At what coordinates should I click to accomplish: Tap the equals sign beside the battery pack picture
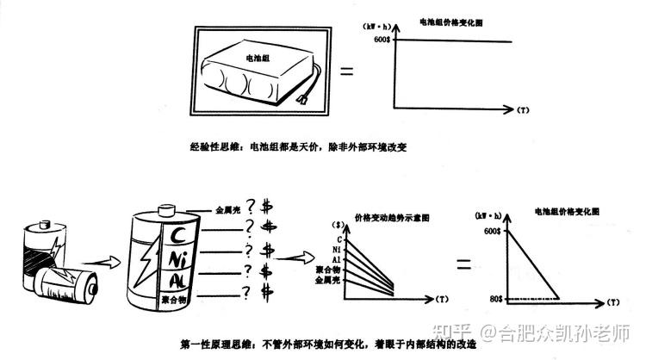tap(347, 71)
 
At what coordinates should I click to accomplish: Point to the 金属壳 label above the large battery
tap(227, 209)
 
